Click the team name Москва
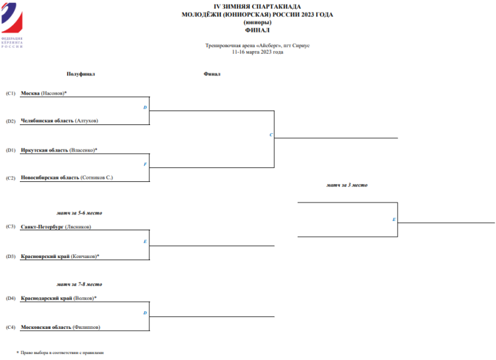click(30, 93)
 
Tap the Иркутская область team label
click(44, 150)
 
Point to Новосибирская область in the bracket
click(50, 177)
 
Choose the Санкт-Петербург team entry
click(42, 226)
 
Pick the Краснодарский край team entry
click(46, 298)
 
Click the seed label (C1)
click(11, 93)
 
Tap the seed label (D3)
click(11, 256)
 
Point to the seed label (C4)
click(11, 327)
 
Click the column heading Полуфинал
click(81, 74)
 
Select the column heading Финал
click(212, 74)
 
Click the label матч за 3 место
click(347, 185)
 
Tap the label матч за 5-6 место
click(79, 213)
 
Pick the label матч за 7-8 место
click(79, 284)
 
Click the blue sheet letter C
click(271, 135)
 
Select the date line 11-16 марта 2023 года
click(257, 52)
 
